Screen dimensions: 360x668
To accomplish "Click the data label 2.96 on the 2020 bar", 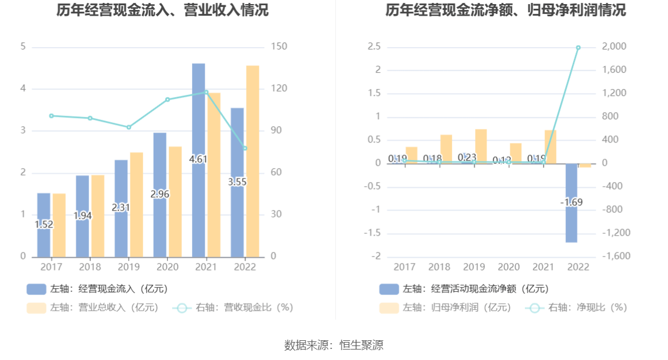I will [x=160, y=194].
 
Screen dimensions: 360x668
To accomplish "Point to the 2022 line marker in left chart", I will [x=245, y=148].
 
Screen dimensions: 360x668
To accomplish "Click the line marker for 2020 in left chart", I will [x=168, y=99].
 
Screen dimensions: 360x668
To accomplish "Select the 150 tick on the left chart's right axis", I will [x=279, y=47].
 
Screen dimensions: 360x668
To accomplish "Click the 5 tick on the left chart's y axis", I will [x=23, y=47].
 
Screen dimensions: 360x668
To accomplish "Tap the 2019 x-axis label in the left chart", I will [x=129, y=267].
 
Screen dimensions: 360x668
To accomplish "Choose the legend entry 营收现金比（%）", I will [x=233, y=308].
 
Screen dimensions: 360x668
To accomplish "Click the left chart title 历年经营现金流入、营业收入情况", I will [x=163, y=10].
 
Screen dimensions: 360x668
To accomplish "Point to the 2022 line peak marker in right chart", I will [x=578, y=48].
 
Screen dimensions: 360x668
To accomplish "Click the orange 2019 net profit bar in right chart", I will [x=481, y=146].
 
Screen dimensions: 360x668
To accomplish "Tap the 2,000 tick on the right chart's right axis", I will [x=613, y=47].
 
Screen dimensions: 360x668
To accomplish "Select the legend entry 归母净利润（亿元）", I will [x=445, y=308].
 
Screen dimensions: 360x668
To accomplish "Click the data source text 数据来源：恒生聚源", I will [x=334, y=345].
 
